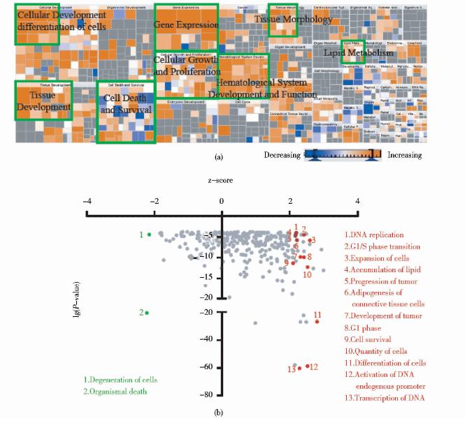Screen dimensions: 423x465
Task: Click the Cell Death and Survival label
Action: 126,105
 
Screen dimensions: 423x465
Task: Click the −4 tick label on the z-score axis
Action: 86,200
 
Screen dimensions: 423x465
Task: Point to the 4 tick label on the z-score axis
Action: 358,200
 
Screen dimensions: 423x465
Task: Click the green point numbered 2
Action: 148,312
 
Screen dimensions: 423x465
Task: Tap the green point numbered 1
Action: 149,235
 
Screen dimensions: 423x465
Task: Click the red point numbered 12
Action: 307,366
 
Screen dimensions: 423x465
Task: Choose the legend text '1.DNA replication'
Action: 375,235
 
